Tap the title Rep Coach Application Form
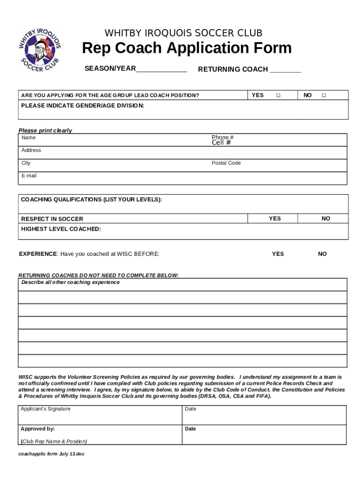coord(187,48)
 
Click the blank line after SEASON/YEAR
coord(161,70)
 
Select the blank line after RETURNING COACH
coord(286,71)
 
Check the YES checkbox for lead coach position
coord(278,95)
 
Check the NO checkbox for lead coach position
coord(324,95)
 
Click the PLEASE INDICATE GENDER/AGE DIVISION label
coord(83,106)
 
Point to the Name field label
coord(29,138)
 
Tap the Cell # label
coord(221,143)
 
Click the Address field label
coord(31,151)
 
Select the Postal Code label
coord(226,163)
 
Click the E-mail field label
coord(29,176)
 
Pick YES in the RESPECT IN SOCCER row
coord(275,218)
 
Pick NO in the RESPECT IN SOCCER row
coord(326,218)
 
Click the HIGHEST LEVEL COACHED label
coord(61,229)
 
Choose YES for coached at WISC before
coord(278,254)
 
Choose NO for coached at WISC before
coord(323,254)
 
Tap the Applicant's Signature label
coord(46,409)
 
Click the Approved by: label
coord(38,429)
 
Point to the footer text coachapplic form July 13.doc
coord(51,454)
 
